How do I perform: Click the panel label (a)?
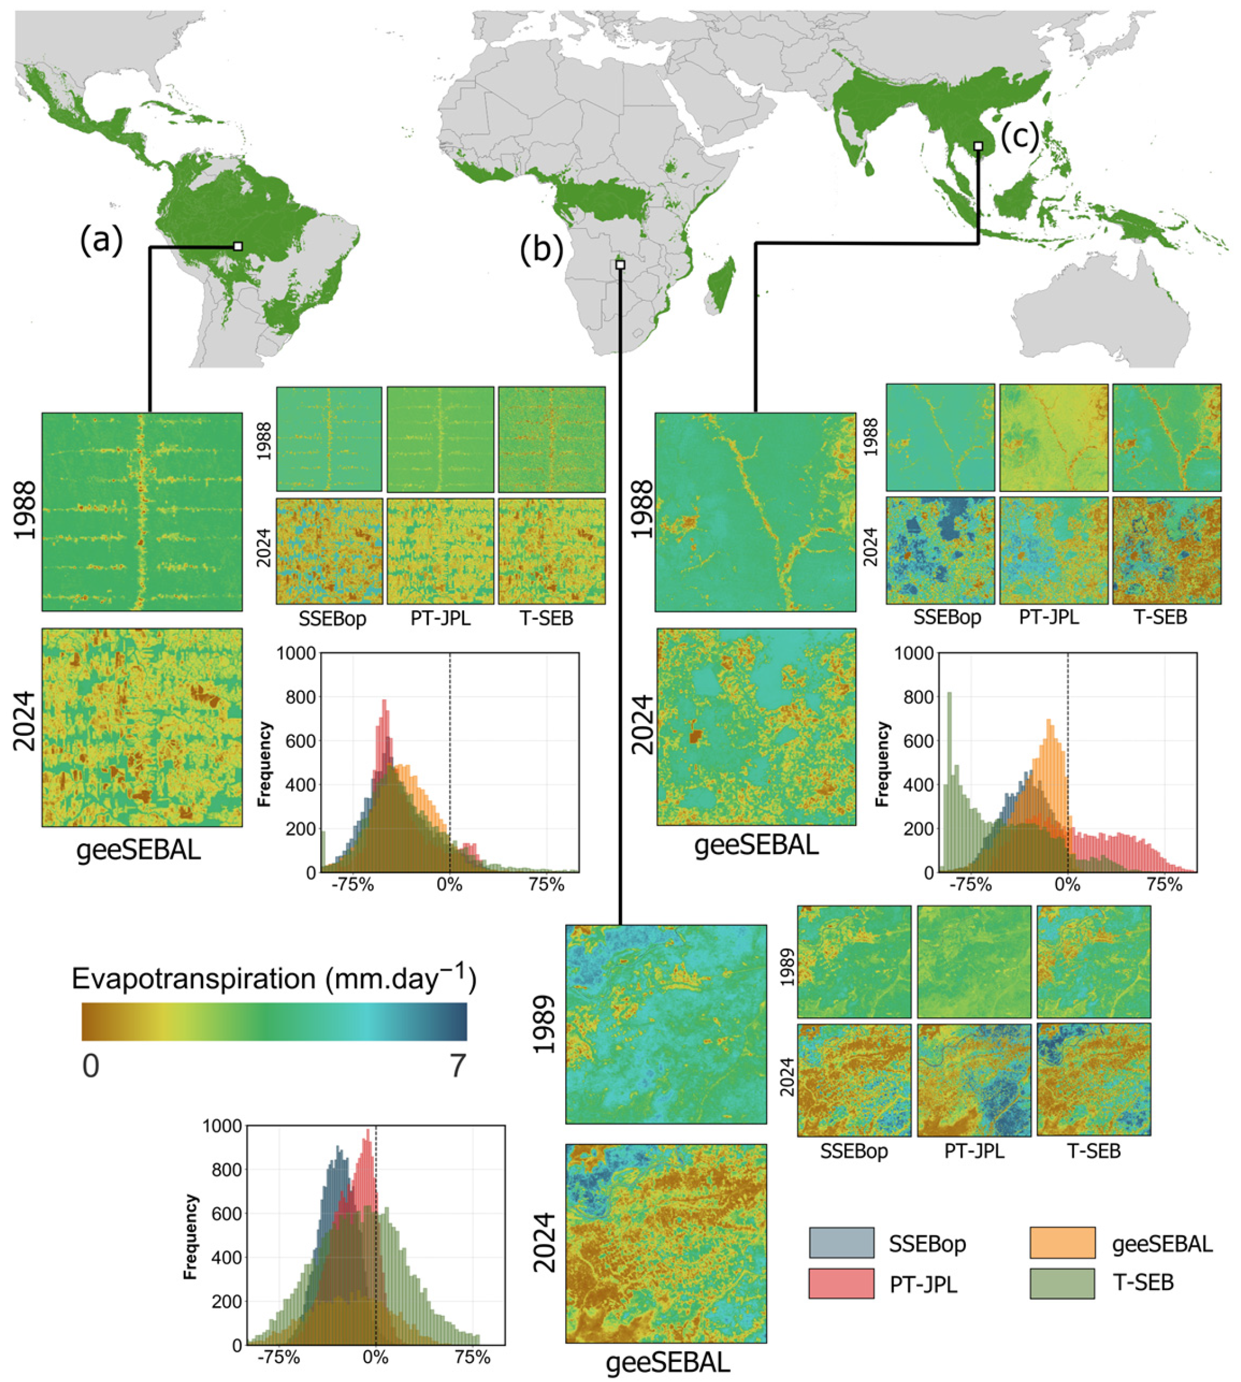(x=101, y=241)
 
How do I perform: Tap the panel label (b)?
(x=541, y=249)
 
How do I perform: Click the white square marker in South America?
(x=238, y=246)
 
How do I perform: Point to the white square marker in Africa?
(x=620, y=264)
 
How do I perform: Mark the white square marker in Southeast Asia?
(x=978, y=147)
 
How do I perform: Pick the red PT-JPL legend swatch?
(x=841, y=1284)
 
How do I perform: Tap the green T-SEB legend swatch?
(x=1062, y=1284)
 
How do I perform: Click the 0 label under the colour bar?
(x=91, y=1066)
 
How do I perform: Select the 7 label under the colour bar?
(x=458, y=1066)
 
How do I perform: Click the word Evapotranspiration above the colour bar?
(x=193, y=979)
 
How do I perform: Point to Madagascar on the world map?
(x=722, y=283)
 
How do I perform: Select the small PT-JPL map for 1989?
(x=974, y=961)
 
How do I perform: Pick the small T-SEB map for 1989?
(x=1093, y=961)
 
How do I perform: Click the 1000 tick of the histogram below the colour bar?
(x=222, y=1126)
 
